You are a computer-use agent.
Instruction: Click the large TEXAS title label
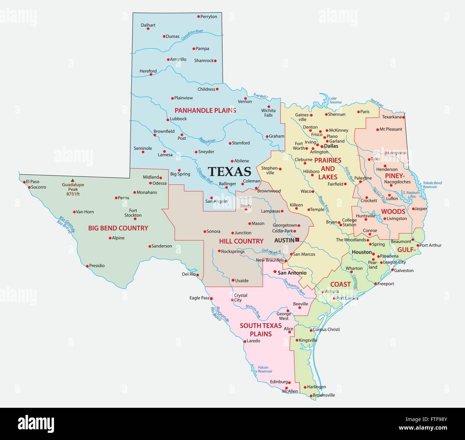pos(229,171)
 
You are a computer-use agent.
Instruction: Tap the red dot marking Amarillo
pos(168,59)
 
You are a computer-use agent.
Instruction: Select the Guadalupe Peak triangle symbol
pos(73,180)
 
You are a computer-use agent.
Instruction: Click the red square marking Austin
pos(297,240)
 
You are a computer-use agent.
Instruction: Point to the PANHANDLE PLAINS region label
pos(205,110)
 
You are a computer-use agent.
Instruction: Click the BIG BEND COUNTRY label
pos(118,228)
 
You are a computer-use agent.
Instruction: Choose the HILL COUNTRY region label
pos(241,241)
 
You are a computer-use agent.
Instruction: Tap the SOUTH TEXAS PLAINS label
pos(261,330)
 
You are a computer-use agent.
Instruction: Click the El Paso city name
pos(33,182)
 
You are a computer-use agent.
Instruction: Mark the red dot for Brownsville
pos(311,396)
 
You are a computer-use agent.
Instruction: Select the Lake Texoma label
pos(335,100)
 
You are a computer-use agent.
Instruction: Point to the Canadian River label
pos(192,34)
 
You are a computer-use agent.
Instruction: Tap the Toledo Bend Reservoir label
pos(432,185)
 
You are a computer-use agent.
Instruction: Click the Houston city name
pos(362,252)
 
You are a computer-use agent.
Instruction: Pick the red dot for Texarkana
pos(403,117)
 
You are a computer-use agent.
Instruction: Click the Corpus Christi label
pos(326,329)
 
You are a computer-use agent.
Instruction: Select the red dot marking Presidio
pos(87,266)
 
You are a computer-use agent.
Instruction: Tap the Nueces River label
pos(253,311)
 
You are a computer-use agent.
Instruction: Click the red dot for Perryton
pos(199,16)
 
